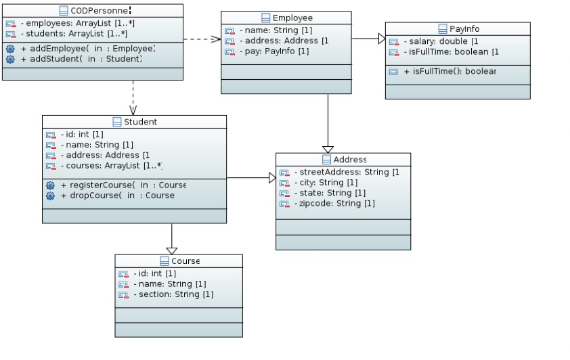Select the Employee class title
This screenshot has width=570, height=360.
tap(292, 18)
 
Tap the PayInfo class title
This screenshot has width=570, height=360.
tap(463, 28)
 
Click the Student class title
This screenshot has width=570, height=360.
tap(140, 122)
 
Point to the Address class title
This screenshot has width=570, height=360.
tap(349, 160)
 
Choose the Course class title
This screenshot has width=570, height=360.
tap(185, 261)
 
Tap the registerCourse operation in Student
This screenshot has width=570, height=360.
tap(123, 185)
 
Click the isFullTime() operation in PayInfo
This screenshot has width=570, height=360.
tap(450, 71)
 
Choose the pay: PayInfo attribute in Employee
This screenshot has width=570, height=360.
tap(274, 51)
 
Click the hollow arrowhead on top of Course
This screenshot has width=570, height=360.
tap(172, 250)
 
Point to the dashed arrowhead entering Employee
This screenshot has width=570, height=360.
tap(216, 39)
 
